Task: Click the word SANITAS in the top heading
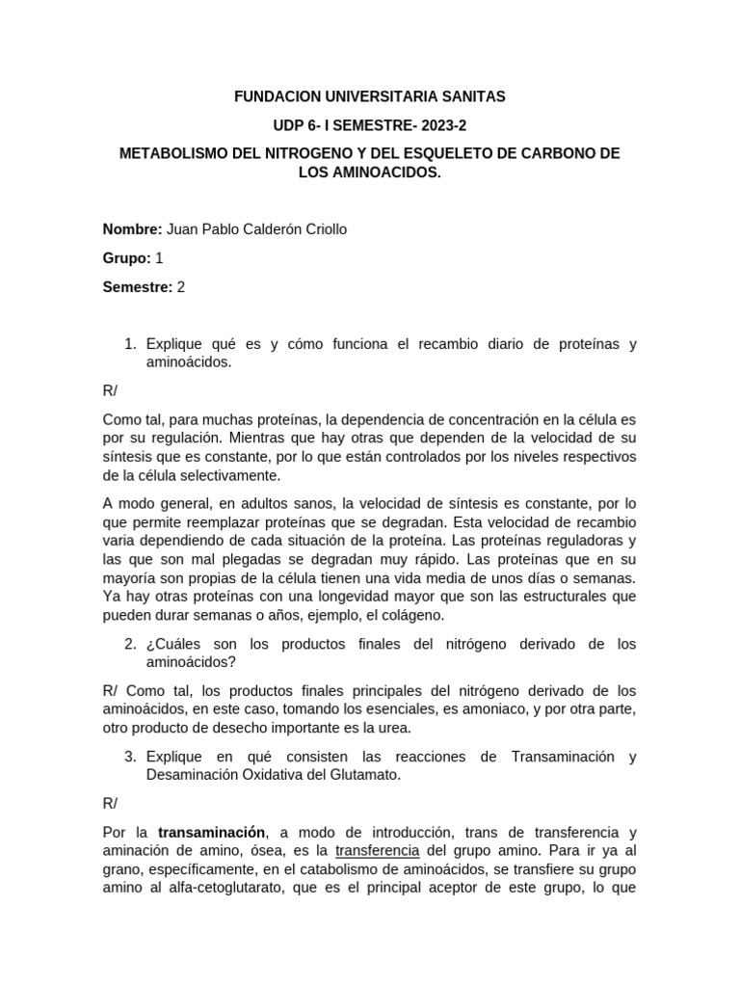465,97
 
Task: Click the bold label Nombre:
133,229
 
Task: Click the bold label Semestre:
138,287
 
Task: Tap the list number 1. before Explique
132,344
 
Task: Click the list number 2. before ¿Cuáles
132,644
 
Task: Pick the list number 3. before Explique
132,758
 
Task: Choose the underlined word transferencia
377,851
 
